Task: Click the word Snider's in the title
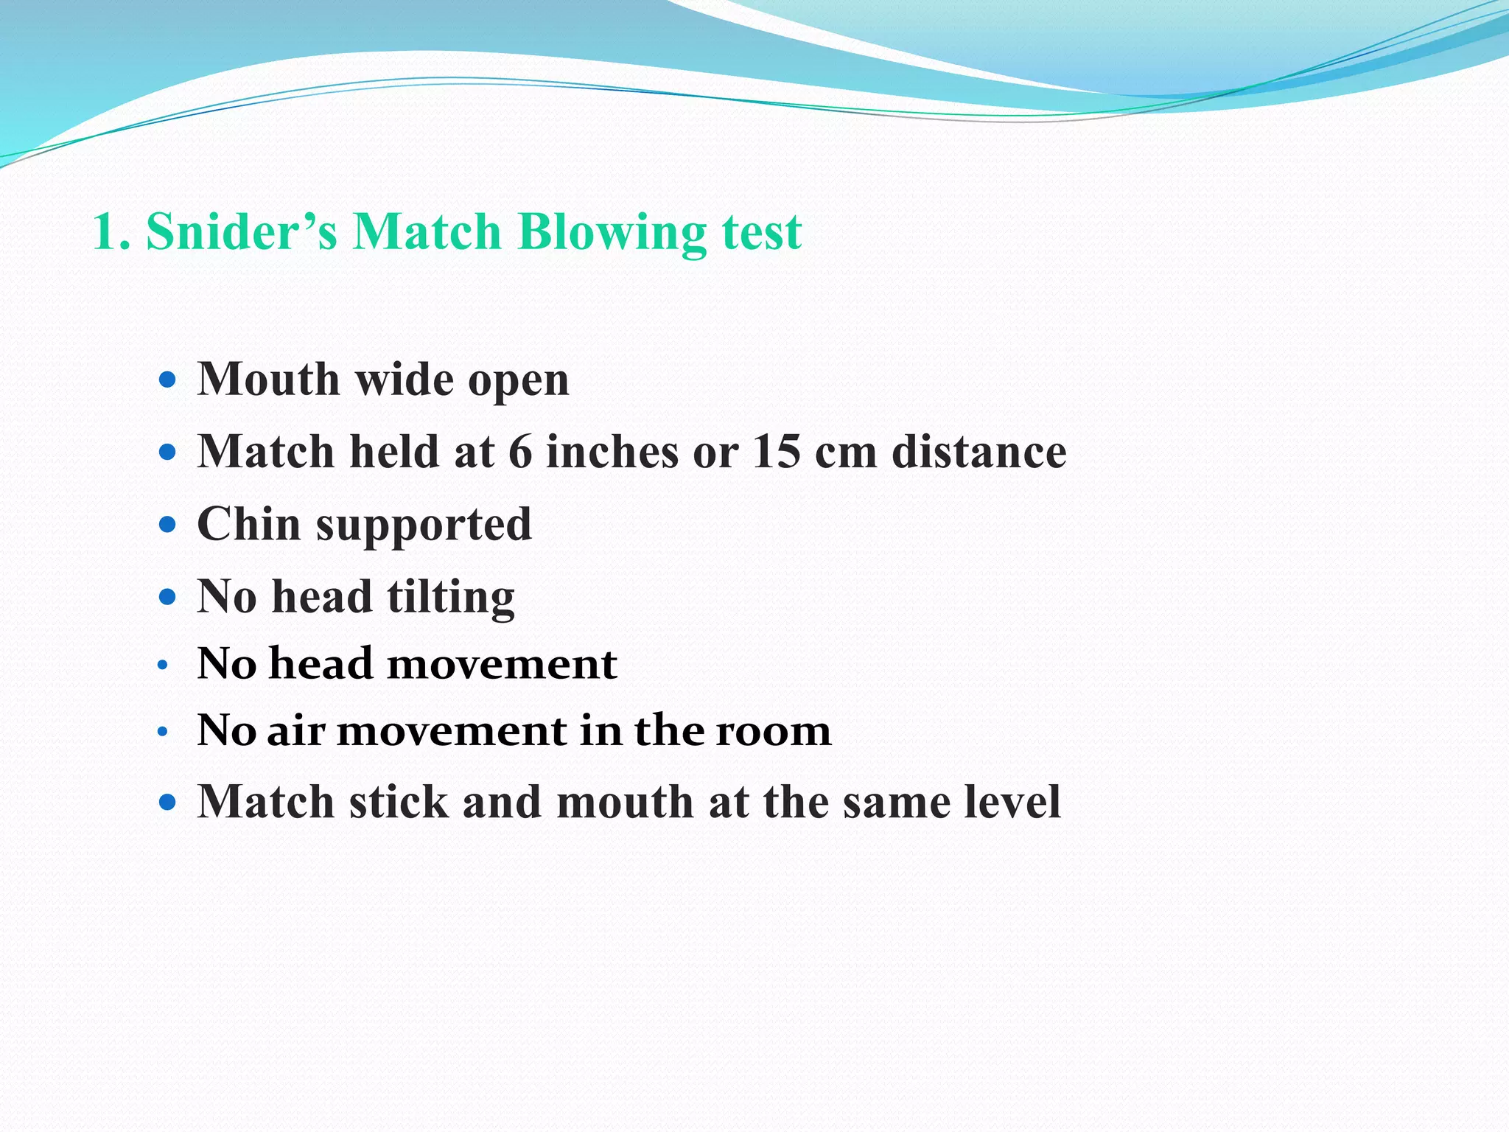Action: tap(242, 232)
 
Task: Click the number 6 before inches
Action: tap(520, 451)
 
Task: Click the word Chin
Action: tap(249, 524)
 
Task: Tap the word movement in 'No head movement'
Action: tap(502, 663)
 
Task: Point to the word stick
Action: tap(399, 801)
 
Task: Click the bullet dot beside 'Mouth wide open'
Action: tap(168, 380)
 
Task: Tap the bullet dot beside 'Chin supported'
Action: tap(168, 525)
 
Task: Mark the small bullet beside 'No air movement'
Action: tap(164, 733)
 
